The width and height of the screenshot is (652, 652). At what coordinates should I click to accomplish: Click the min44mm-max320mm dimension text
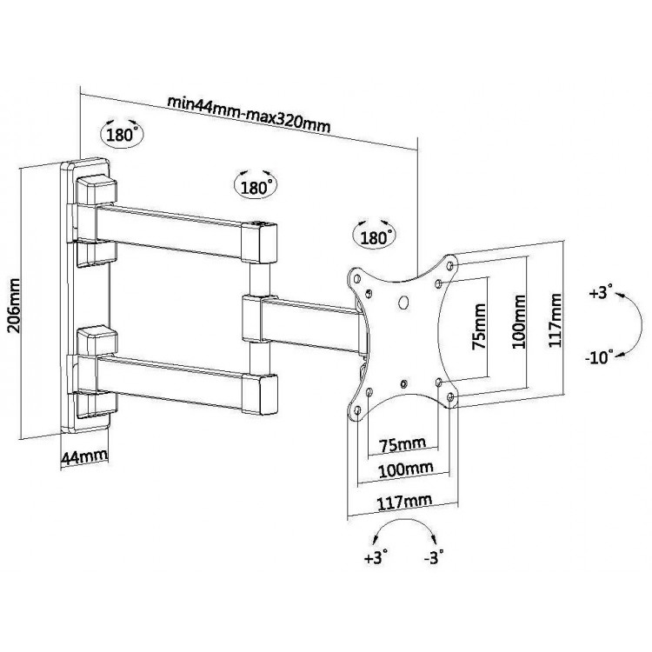(x=249, y=114)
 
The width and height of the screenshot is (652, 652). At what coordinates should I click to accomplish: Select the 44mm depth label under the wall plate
(x=84, y=456)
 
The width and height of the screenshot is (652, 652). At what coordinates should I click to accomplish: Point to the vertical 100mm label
(x=518, y=322)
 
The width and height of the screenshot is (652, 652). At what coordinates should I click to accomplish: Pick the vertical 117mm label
(x=555, y=320)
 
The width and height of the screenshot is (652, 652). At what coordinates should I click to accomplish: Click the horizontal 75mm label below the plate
(x=403, y=444)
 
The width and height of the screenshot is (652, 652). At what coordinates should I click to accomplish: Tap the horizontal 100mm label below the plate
(x=405, y=469)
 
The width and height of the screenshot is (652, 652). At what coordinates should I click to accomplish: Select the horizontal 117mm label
(x=404, y=502)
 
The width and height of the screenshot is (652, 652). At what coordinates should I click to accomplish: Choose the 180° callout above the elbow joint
(x=256, y=187)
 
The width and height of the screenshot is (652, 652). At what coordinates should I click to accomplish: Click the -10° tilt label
(x=599, y=356)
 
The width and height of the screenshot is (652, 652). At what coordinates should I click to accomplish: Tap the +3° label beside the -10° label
(x=601, y=291)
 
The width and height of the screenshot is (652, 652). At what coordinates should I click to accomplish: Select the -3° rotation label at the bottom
(x=434, y=557)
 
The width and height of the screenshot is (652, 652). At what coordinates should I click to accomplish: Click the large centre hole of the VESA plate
(x=403, y=303)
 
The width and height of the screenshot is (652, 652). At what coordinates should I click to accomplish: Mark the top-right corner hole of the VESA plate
(x=450, y=265)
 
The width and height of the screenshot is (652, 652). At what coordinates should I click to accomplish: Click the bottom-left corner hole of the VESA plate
(x=356, y=411)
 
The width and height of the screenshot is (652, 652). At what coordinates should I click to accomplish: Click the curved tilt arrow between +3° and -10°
(x=642, y=324)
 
